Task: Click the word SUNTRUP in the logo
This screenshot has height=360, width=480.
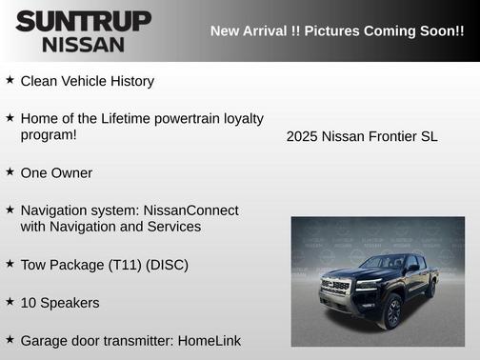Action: click(x=83, y=20)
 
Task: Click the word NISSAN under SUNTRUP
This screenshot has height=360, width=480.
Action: click(x=83, y=44)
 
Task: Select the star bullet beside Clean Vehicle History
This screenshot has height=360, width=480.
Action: click(x=10, y=81)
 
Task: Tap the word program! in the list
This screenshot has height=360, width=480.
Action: click(x=49, y=135)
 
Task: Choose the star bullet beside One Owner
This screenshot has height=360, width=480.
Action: click(x=10, y=172)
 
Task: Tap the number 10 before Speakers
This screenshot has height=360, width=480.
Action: click(x=29, y=303)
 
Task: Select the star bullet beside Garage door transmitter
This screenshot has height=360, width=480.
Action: click(x=10, y=339)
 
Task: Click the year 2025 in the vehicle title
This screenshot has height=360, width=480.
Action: click(x=302, y=136)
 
